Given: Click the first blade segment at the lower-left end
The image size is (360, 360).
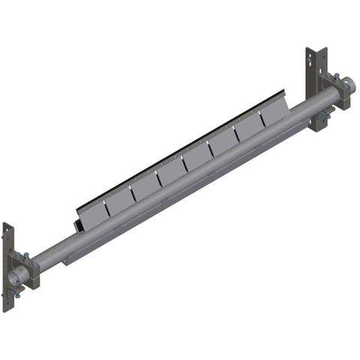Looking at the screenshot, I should click(x=92, y=212).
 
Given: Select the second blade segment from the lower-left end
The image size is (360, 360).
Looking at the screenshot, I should click(x=118, y=200).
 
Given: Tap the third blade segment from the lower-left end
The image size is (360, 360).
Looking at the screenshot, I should click(x=144, y=187).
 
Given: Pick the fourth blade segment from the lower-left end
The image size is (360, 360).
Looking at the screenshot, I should click(x=169, y=175).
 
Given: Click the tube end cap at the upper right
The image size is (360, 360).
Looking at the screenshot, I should click(x=349, y=85).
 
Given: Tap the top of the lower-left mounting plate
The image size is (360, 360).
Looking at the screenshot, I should click(x=8, y=226).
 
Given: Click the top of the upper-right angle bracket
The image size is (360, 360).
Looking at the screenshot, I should click(x=312, y=52).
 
